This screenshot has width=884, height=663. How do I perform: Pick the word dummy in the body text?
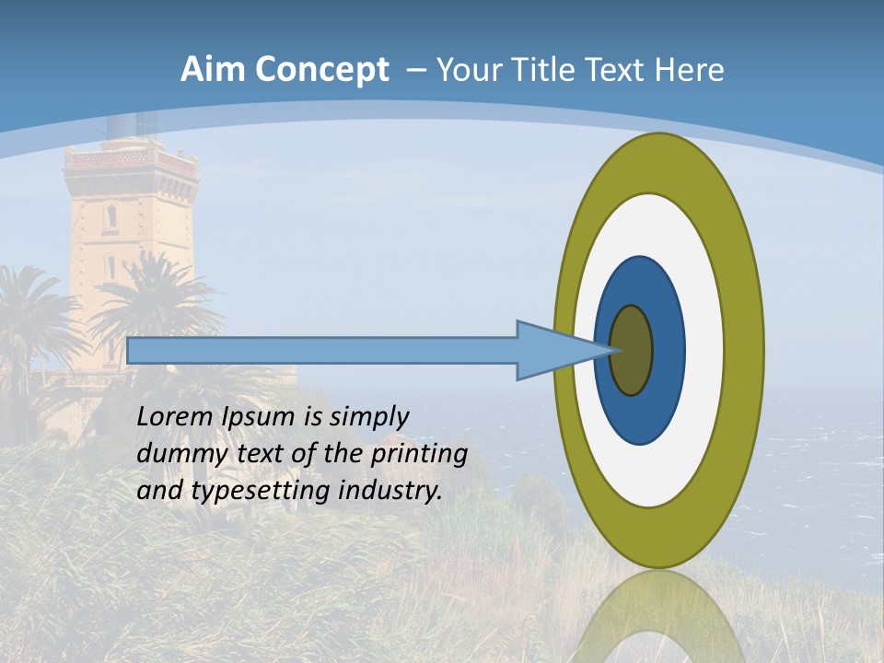(x=174, y=454)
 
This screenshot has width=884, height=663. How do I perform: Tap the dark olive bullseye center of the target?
(x=632, y=351)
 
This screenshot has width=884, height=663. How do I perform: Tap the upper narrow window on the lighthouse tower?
(x=111, y=216)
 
